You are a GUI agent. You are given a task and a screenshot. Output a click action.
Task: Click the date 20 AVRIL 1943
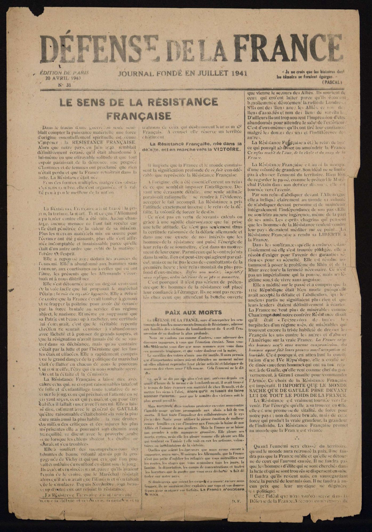63,78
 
